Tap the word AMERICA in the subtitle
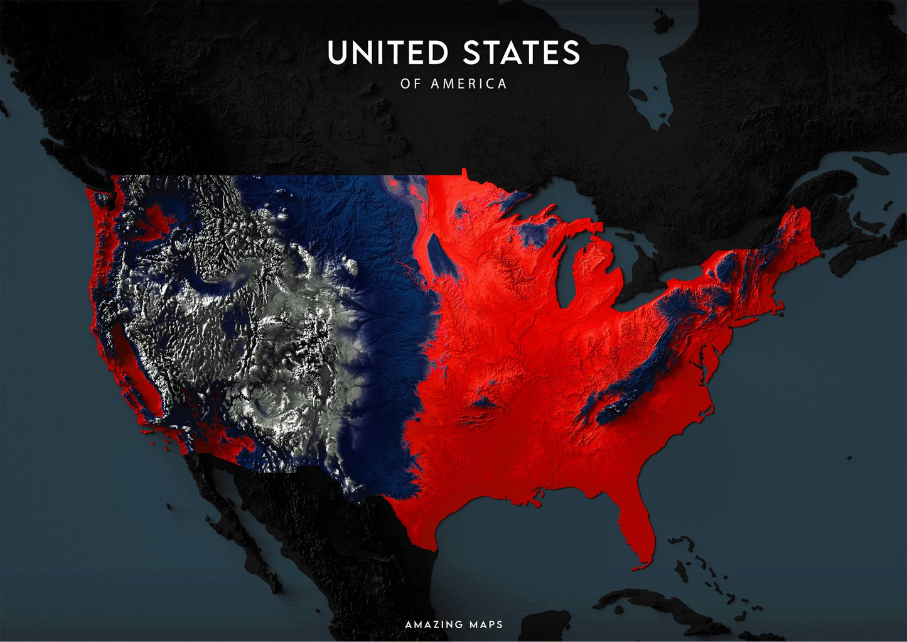(x=468, y=84)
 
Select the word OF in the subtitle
(x=410, y=84)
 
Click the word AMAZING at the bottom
(x=434, y=624)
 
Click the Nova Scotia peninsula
(x=863, y=245)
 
